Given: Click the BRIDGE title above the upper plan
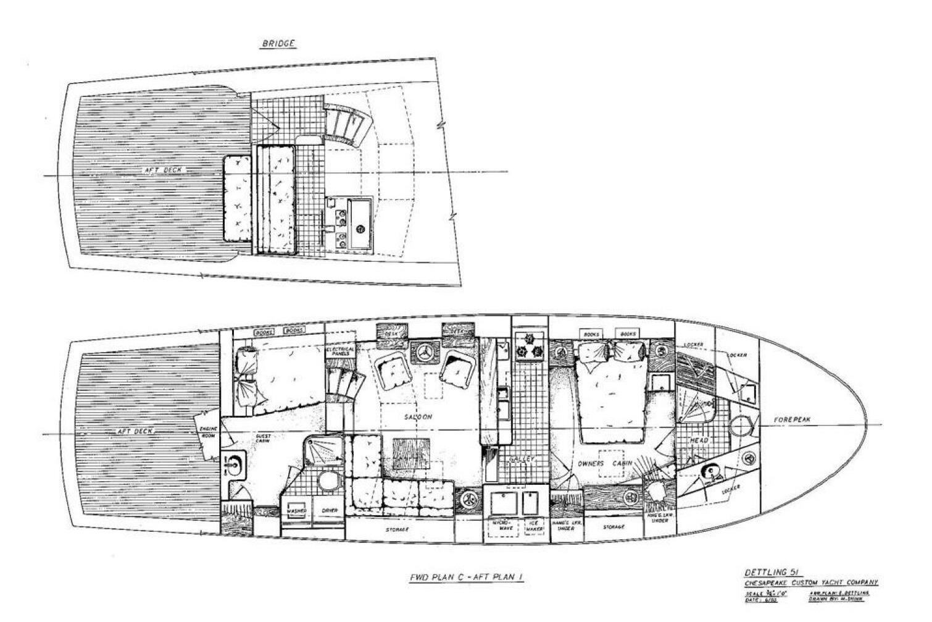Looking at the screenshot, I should (279, 44).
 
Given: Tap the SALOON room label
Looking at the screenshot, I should (418, 417).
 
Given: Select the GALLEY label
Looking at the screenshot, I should (522, 460).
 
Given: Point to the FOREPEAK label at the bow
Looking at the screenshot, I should (793, 420).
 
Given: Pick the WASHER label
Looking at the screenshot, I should (297, 511).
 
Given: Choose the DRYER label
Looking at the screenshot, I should (329, 511).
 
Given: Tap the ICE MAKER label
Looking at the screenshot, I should (533, 526).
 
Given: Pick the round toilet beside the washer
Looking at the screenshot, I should (325, 480).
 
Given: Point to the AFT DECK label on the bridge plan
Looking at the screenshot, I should (164, 170).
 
